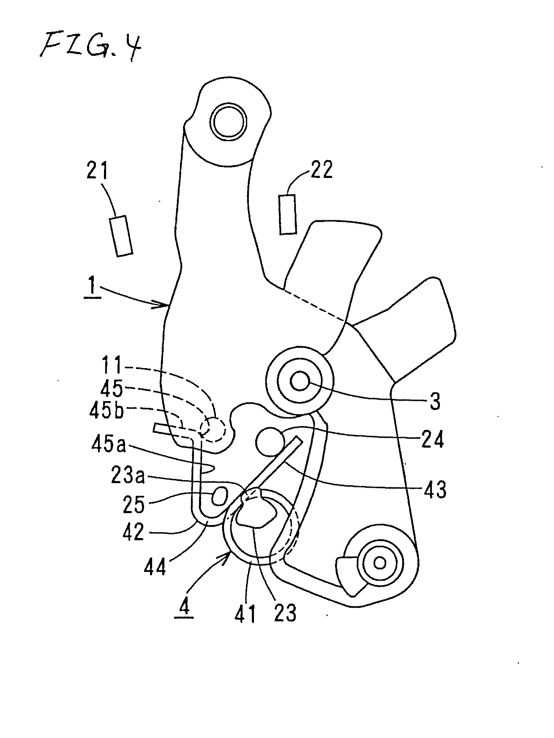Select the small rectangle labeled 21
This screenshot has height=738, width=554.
click(121, 236)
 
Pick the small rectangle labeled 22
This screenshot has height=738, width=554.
click(287, 214)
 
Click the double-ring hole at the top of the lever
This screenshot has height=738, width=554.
click(229, 122)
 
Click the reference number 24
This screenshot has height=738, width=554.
click(432, 440)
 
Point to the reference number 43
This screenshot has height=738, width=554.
click(435, 489)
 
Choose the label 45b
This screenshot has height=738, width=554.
click(106, 411)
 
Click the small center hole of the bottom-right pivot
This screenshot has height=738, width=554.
click(379, 563)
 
